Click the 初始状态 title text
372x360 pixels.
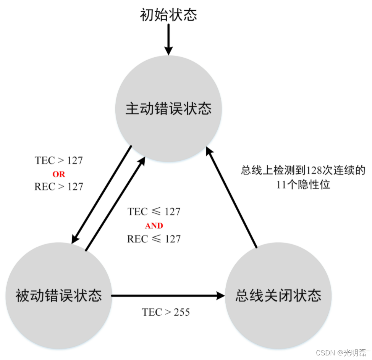click(x=168, y=15)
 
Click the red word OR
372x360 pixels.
click(x=59, y=174)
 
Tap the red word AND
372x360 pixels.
click(x=154, y=226)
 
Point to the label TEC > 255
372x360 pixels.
click(x=166, y=312)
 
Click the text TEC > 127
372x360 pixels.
click(x=59, y=160)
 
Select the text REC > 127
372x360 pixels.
click(x=59, y=187)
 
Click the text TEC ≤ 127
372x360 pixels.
click(x=154, y=211)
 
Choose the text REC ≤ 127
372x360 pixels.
click(x=154, y=239)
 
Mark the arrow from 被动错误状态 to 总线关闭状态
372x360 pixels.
click(x=164, y=295)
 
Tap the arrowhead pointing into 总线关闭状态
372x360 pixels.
click(x=220, y=295)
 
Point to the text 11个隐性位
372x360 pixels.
click(x=303, y=185)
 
